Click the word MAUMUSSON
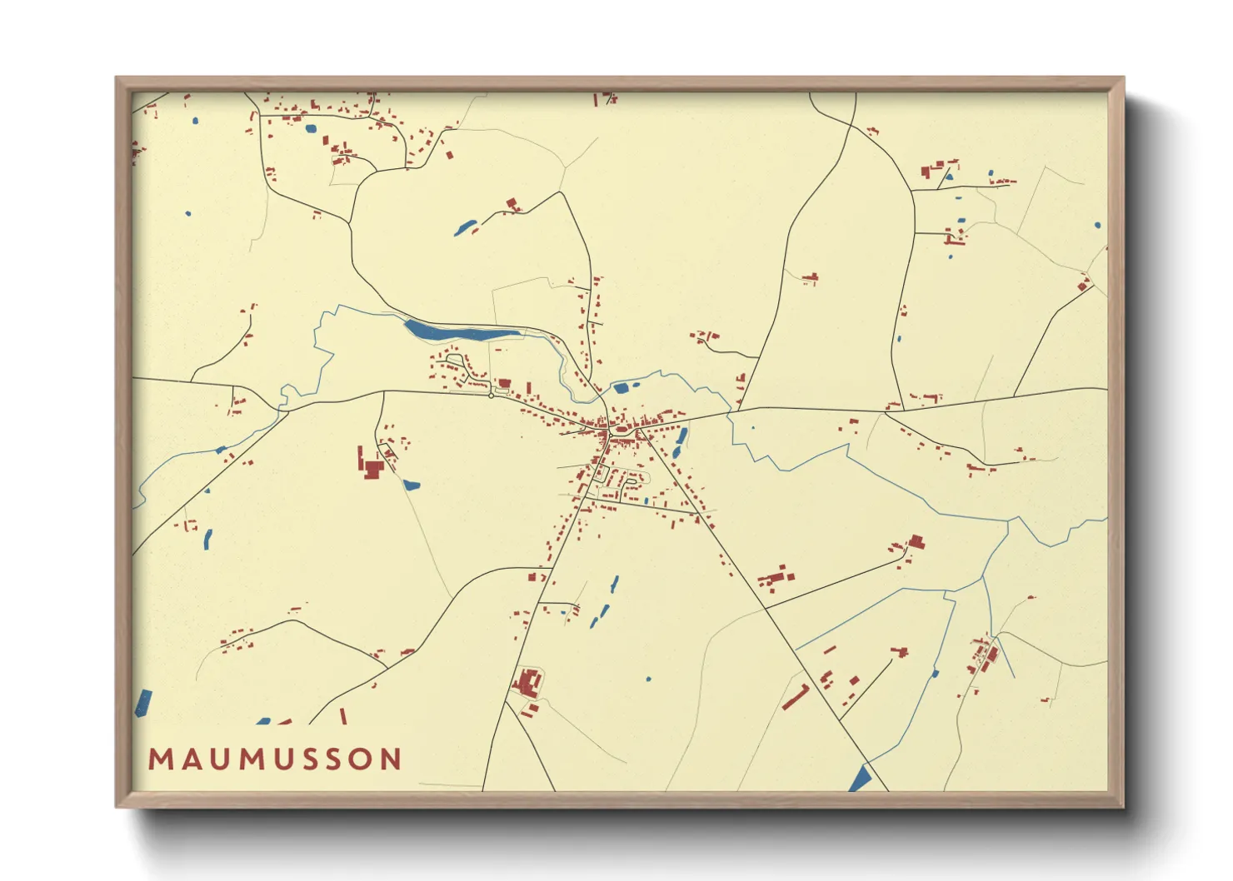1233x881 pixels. (x=275, y=759)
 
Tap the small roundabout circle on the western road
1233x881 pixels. (x=492, y=396)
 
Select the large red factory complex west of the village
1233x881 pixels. (x=371, y=466)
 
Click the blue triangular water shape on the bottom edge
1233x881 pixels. (x=860, y=780)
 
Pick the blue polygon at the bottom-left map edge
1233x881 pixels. (x=143, y=704)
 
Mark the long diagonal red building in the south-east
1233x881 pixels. (x=796, y=698)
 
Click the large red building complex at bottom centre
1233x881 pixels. (x=527, y=683)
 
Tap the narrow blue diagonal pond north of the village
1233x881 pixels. (x=465, y=226)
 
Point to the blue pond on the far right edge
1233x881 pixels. (x=1097, y=225)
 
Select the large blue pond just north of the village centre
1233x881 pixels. (x=621, y=387)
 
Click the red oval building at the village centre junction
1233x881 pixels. (x=620, y=430)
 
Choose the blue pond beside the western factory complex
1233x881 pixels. (x=411, y=484)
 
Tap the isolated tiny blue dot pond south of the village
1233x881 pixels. (x=648, y=679)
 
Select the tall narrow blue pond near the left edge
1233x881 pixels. (x=207, y=540)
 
